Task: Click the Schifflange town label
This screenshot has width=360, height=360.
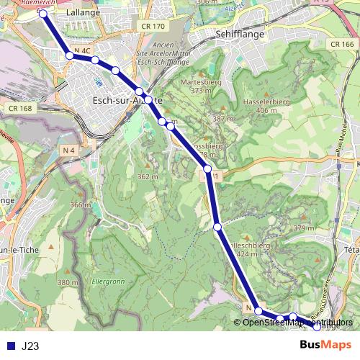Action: tap(240, 34)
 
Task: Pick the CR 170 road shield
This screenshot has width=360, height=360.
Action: tap(153, 26)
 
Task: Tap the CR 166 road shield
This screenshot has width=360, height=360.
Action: tap(342, 44)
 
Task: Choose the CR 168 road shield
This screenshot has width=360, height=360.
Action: tap(21, 108)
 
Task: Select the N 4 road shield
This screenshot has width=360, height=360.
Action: tap(69, 150)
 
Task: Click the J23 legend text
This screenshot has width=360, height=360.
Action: tap(30, 346)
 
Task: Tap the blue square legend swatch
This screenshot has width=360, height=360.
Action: tap(10, 346)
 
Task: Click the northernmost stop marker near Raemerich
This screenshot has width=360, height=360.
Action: tap(43, 13)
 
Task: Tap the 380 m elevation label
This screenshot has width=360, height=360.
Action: tap(69, 283)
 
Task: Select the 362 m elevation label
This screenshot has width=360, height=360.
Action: tap(147, 176)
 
